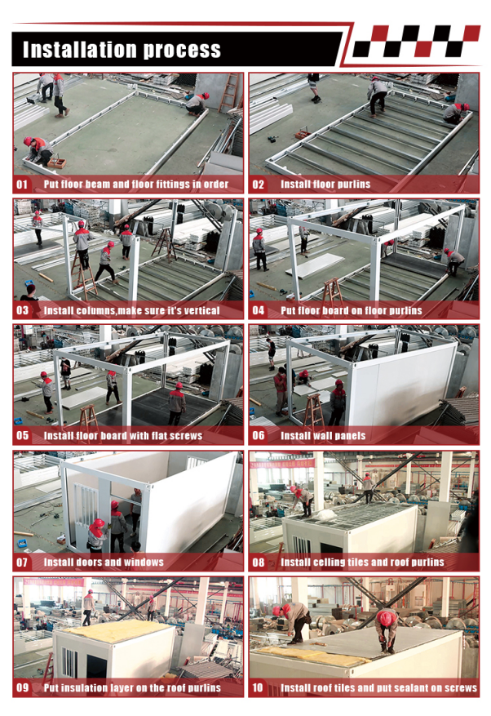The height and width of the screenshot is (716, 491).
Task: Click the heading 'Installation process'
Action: click(122, 50)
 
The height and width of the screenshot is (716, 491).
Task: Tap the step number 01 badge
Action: click(22, 185)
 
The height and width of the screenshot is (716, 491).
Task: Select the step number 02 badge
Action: click(259, 185)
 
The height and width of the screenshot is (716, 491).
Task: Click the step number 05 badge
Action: click(22, 436)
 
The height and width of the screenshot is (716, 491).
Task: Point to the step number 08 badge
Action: click(259, 562)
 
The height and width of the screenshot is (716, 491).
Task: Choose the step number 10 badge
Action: click(259, 687)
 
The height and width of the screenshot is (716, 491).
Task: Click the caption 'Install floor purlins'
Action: click(325, 185)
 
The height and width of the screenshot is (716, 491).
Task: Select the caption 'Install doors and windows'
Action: click(104, 562)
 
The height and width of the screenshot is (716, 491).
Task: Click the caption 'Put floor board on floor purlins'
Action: click(351, 310)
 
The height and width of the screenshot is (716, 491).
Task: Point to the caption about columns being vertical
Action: click(131, 310)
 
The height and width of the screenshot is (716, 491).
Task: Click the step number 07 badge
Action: click(22, 562)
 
